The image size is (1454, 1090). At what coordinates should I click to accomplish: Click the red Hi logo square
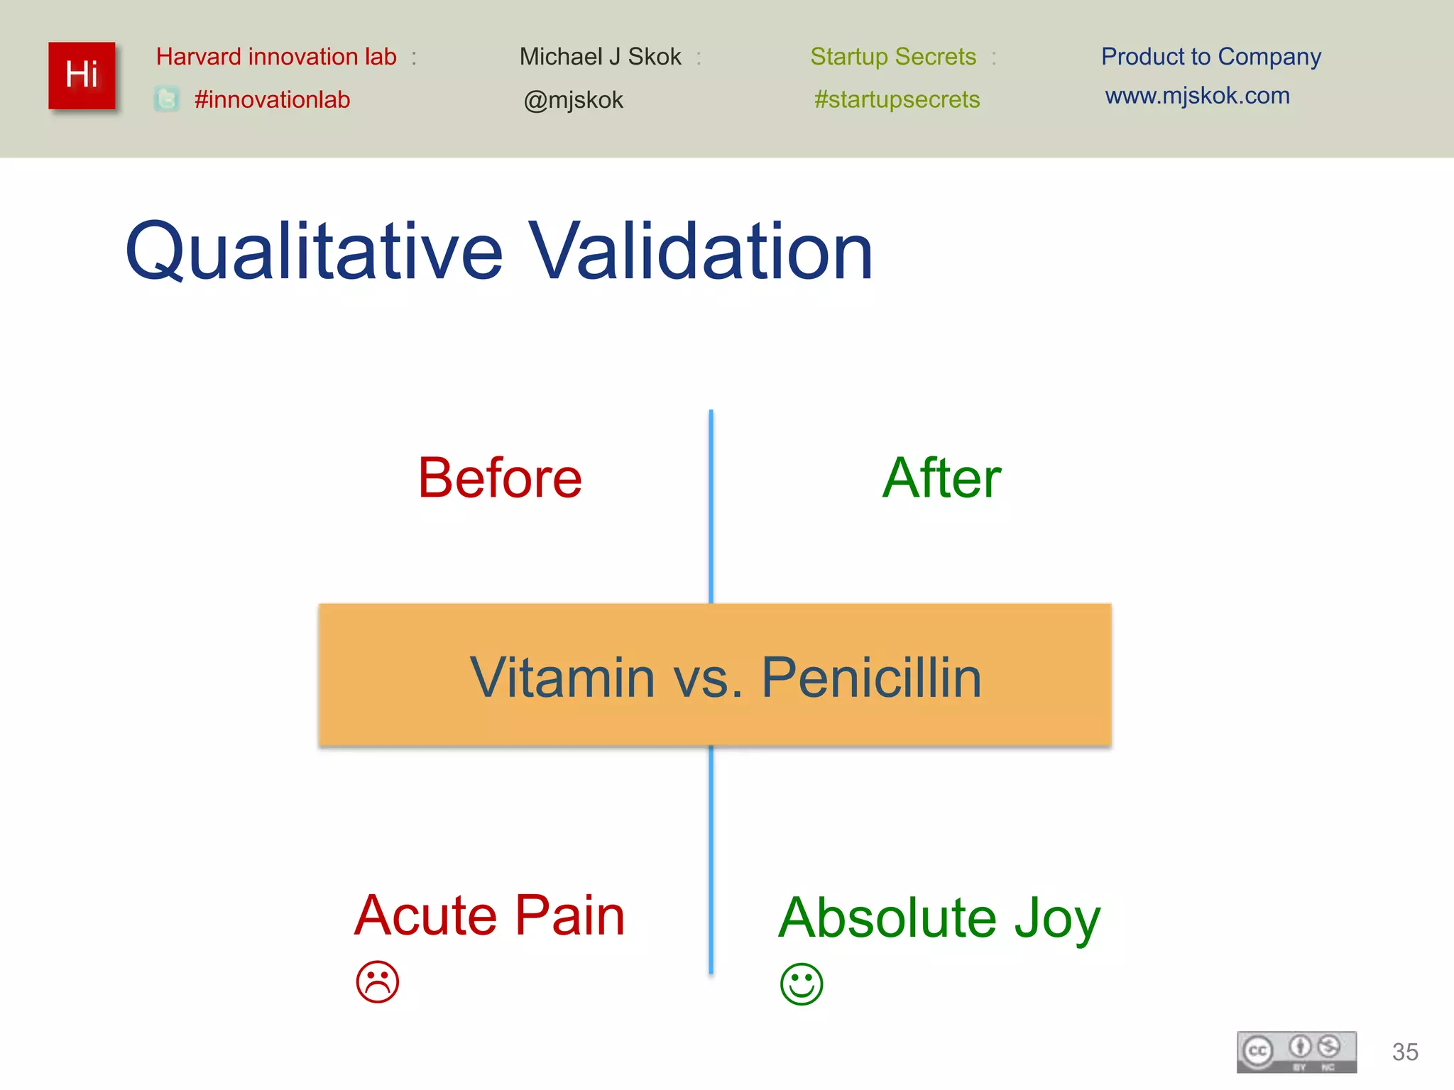tap(82, 75)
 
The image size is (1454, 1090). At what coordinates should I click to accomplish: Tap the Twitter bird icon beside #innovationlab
tap(167, 99)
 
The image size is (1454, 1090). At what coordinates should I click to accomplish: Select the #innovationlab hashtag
tap(272, 99)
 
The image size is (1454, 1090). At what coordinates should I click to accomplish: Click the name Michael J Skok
tap(600, 57)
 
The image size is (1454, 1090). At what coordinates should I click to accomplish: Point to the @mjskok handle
tap(573, 100)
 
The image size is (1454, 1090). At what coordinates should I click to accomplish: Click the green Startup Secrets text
tap(893, 57)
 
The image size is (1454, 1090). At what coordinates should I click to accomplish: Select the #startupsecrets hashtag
tap(897, 99)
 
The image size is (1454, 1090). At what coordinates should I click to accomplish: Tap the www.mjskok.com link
tap(1197, 96)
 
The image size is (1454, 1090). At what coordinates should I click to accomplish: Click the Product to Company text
tap(1210, 57)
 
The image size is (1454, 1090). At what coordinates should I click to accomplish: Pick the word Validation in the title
tap(701, 251)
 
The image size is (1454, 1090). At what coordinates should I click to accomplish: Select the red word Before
tap(500, 478)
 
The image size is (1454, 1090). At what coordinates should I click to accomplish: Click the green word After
tap(941, 478)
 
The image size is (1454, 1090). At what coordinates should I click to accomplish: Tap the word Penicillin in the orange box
tap(871, 678)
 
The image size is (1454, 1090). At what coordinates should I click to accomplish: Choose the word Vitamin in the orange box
tap(562, 678)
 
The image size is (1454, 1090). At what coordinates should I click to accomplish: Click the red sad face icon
tap(378, 982)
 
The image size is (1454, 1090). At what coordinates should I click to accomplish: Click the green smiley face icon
tap(802, 984)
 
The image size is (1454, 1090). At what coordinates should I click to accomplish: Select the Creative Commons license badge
tap(1296, 1052)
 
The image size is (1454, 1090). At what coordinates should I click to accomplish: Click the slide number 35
tap(1405, 1052)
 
